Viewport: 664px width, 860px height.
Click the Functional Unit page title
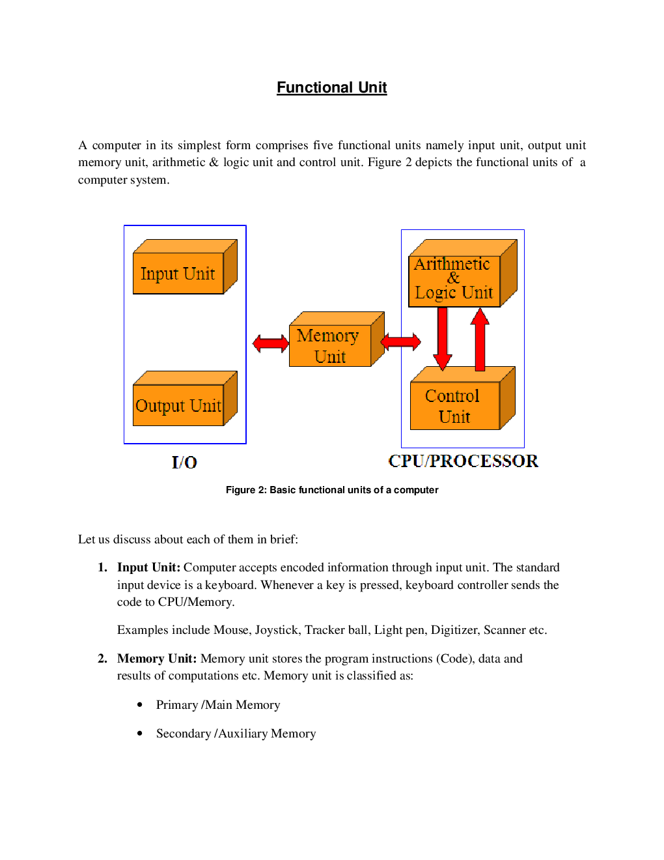point(331,87)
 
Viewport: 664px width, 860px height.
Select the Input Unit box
point(178,274)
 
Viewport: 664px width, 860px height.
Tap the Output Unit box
point(178,405)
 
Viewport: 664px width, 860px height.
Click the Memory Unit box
point(329,346)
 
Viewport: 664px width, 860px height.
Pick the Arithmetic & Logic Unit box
point(454,279)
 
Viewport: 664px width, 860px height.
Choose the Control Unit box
point(454,406)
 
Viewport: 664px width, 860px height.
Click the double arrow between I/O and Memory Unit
point(270,343)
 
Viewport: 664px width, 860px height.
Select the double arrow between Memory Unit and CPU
point(400,341)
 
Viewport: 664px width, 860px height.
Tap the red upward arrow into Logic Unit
point(480,339)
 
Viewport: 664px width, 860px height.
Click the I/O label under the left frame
point(184,463)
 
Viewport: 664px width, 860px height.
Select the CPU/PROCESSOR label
point(463,461)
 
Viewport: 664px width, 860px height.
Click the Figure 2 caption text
point(332,490)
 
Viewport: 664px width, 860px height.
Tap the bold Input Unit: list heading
point(148,567)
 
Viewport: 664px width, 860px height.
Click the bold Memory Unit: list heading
point(156,659)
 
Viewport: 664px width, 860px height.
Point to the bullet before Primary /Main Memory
point(140,704)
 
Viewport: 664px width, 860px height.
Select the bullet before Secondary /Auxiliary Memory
point(140,733)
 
